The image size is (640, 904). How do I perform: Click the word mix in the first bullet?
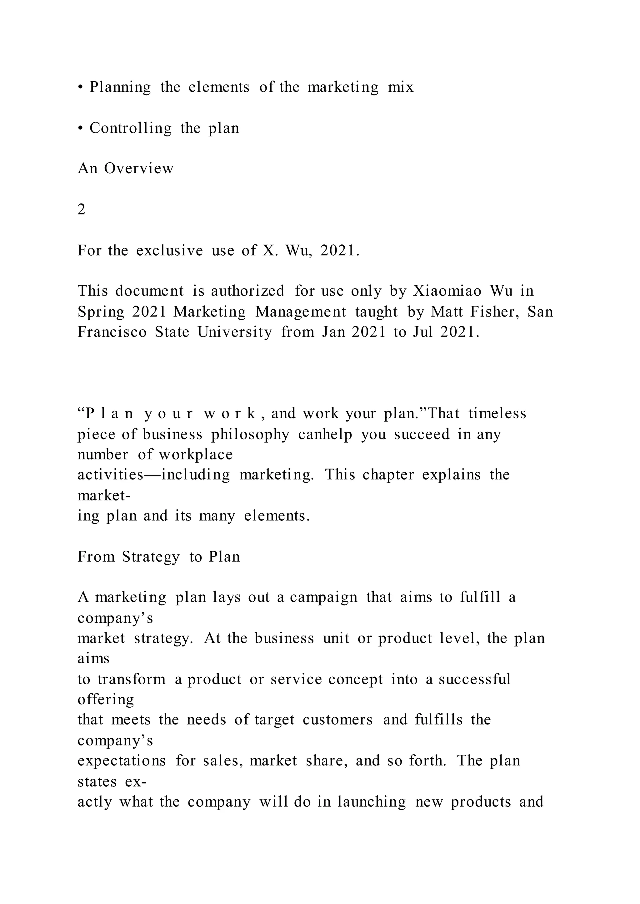click(401, 87)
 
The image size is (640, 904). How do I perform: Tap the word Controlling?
click(130, 128)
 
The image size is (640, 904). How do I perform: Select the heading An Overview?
click(125, 169)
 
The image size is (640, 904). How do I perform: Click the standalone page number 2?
click(81, 210)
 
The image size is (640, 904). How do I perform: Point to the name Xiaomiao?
click(447, 291)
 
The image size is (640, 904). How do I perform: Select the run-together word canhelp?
click(325, 434)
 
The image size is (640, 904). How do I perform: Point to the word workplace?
click(196, 455)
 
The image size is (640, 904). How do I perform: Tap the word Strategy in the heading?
click(151, 557)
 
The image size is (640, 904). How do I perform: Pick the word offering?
click(106, 700)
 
